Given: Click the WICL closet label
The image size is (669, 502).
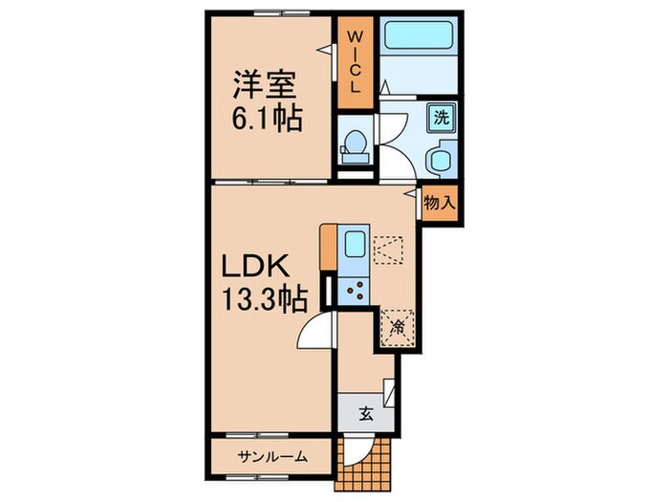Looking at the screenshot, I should (x=353, y=60).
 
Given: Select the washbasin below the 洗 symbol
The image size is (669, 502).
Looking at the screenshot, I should (x=441, y=159).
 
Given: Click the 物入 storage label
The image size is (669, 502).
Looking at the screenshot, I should (x=439, y=204).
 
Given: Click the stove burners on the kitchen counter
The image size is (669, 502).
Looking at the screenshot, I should (x=353, y=289).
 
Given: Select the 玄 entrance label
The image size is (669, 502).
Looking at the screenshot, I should (x=366, y=413).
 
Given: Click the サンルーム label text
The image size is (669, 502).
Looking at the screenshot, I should (x=272, y=456).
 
